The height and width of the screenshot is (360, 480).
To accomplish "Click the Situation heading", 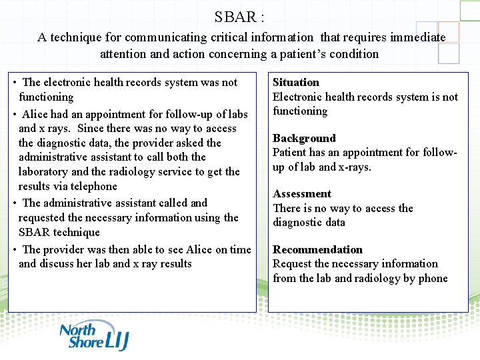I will coord(296,82).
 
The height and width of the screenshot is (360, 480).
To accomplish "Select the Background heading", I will coord(304,138).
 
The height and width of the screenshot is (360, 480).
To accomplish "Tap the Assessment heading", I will coord(302,193).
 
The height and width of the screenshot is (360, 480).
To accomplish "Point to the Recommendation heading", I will coord(317,249).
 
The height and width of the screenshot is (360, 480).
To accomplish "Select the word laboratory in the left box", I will coord(43,171).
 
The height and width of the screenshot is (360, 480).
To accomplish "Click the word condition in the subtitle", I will coord(354,54).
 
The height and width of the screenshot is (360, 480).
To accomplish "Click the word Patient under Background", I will coord(289,152).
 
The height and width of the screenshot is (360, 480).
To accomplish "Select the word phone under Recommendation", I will coord(432,278).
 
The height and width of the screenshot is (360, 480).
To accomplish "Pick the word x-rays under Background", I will coord(353,167).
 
